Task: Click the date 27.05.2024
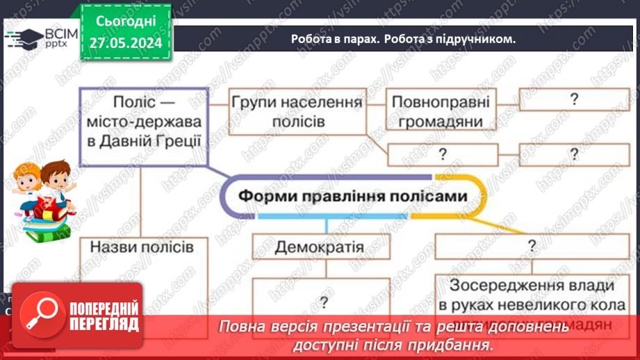point(126,44)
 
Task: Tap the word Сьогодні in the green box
point(126,22)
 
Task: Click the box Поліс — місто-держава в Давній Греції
point(143,122)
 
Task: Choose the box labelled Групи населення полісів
point(297,112)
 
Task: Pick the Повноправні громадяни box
point(441,112)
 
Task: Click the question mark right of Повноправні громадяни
point(574,99)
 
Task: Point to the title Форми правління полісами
point(352,196)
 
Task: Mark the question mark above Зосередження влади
point(532,245)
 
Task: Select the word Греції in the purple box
point(174,140)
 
